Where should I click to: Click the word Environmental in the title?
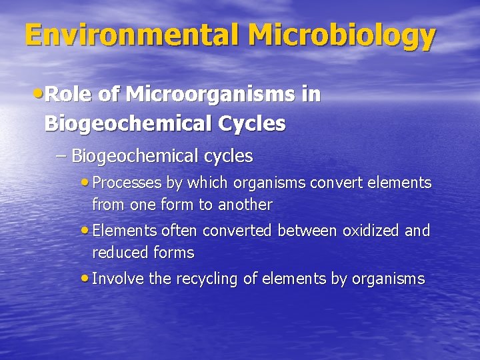tap(123, 35)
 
